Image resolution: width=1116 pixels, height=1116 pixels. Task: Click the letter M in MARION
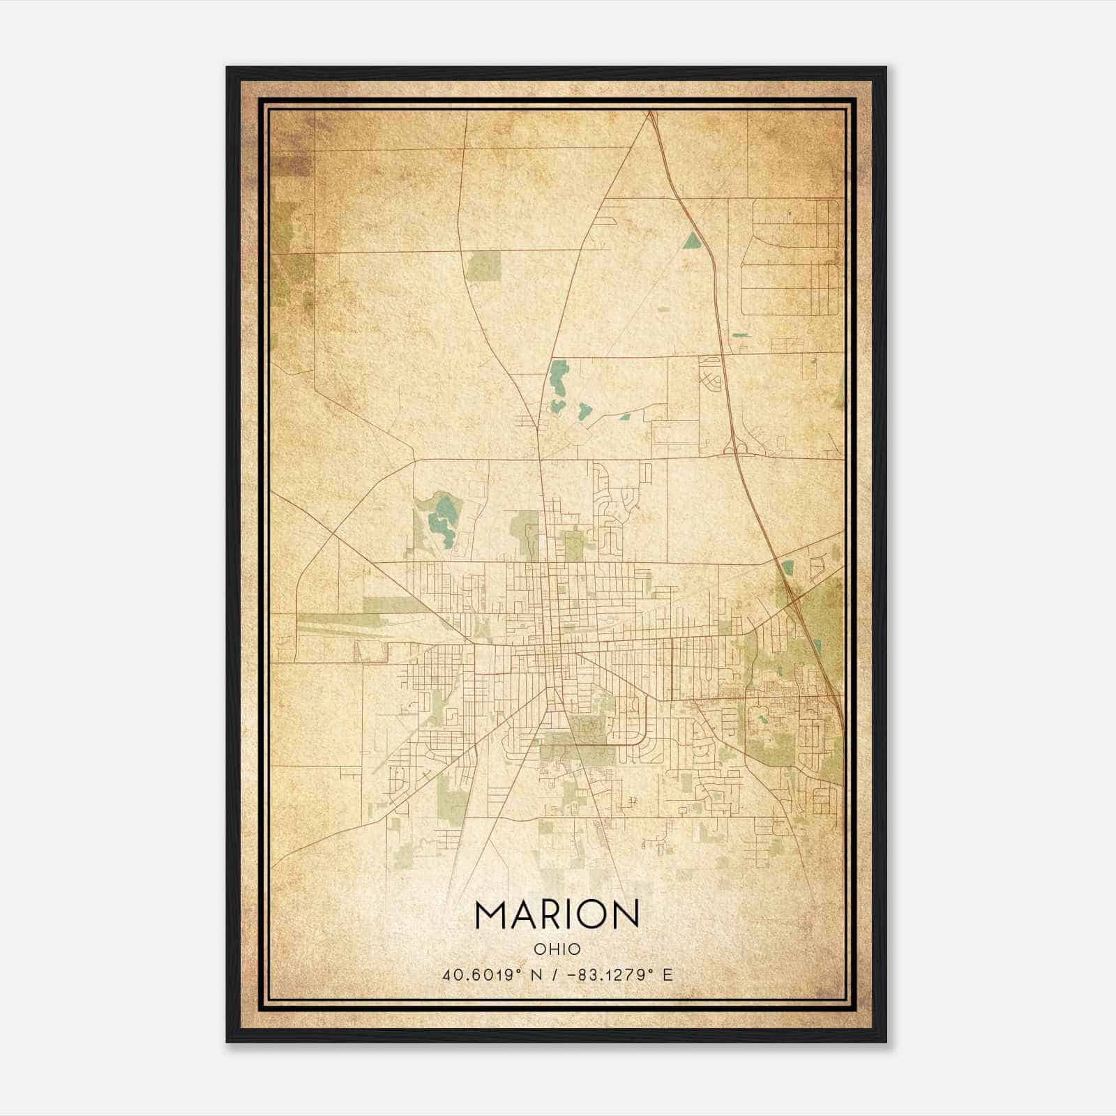[x=492, y=914]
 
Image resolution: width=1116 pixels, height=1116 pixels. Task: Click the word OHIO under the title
[x=557, y=949]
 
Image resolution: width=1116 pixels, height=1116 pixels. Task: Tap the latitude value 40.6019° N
[x=492, y=975]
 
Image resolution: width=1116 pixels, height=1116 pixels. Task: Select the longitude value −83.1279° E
[x=621, y=975]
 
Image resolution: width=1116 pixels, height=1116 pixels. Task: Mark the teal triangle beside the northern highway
[x=692, y=241]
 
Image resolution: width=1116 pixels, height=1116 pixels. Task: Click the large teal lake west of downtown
[x=441, y=519]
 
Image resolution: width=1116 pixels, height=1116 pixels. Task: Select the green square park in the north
[x=484, y=266]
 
